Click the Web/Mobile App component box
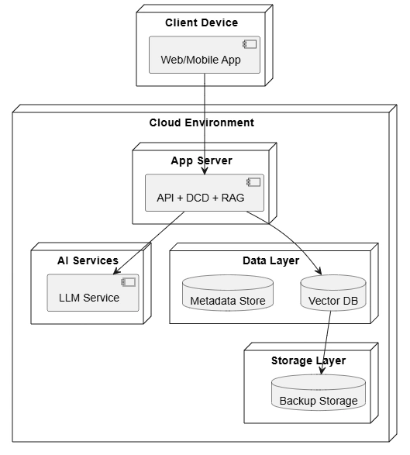point(205,55)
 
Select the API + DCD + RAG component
point(205,193)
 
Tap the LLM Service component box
point(93,293)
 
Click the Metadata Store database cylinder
point(228,293)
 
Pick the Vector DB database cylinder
point(333,293)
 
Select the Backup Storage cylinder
point(319,392)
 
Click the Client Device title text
point(202,22)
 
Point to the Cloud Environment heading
point(202,122)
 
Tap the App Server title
point(202,160)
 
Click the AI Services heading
point(88,260)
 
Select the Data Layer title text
point(271,261)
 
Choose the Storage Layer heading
point(308,360)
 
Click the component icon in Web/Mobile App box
point(250,44)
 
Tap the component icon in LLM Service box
point(128,282)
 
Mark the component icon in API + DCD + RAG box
point(253,182)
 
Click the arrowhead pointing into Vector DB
point(319,272)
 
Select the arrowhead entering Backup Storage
point(322,371)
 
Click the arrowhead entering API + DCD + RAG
point(205,171)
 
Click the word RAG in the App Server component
point(233,198)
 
